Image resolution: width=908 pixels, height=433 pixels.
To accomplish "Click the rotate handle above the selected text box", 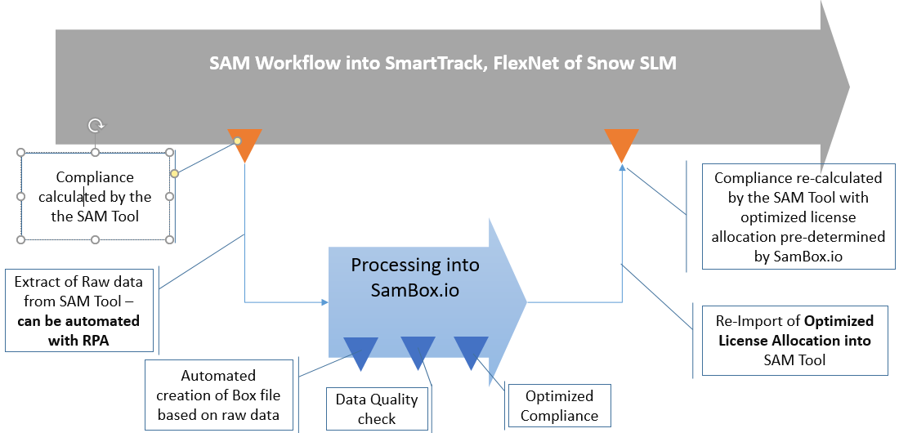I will click(96, 126).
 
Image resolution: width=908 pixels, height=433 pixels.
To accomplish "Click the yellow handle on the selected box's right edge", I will click(174, 173).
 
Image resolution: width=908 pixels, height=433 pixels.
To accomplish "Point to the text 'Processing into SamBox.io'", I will click(415, 278).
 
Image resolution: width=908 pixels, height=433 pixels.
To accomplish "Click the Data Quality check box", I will click(377, 408).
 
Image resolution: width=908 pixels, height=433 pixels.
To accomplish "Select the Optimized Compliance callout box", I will click(559, 405).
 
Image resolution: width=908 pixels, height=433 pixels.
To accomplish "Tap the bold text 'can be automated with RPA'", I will click(78, 331).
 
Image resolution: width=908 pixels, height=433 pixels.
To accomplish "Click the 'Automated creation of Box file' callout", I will click(218, 395).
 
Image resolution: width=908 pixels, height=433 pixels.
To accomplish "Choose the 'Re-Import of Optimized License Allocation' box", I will click(794, 340).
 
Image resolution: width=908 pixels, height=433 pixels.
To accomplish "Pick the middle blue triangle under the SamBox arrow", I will click(417, 352).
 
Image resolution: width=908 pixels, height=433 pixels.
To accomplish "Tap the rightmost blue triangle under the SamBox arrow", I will click(472, 351).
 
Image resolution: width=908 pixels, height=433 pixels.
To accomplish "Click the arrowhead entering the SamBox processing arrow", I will click(324, 302).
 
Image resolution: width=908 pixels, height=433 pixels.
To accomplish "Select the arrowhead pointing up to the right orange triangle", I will click(622, 168).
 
